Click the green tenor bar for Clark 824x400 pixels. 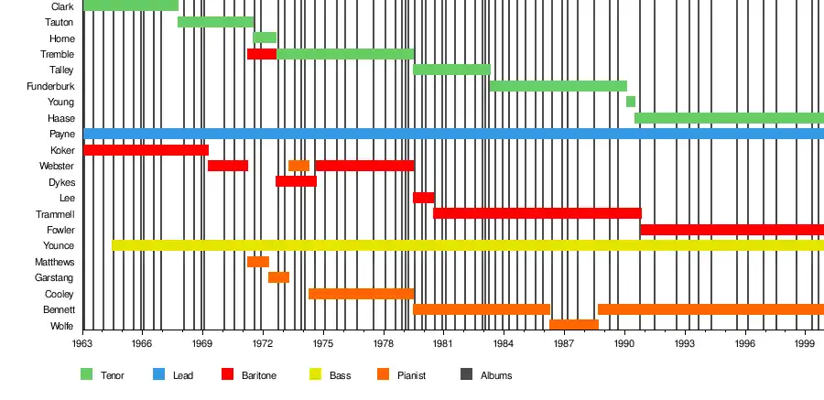tap(131, 5)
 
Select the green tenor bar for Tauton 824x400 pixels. tap(215, 22)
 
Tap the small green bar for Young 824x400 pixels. tap(631, 102)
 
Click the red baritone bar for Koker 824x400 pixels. tap(146, 150)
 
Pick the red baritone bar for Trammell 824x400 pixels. tap(537, 213)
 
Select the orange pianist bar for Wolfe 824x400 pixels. tap(573, 325)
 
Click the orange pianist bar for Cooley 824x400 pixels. tap(361, 294)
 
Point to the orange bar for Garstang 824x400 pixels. tap(278, 277)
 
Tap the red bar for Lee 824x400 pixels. tap(423, 198)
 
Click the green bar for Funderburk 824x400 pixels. tap(558, 86)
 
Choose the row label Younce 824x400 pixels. tap(59, 246)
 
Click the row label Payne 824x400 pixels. tap(62, 135)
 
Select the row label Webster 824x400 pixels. tap(57, 166)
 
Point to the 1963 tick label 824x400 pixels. tap(82, 343)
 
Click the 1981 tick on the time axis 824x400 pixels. tap(443, 343)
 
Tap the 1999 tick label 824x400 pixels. tap(805, 343)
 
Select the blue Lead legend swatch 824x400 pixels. tap(158, 374)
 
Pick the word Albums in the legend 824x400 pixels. tap(496, 375)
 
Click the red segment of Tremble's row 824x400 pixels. tap(261, 54)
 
